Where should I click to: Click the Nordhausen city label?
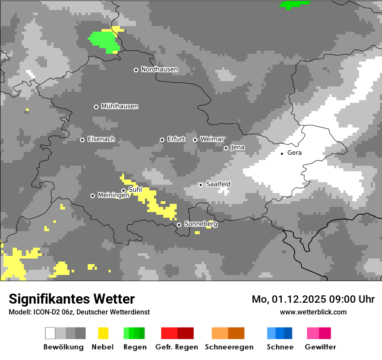159,69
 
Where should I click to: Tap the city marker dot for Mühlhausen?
96,107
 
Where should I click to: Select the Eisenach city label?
101,139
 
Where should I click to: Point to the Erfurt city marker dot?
162,140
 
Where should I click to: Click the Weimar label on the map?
212,139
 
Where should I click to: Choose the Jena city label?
237,147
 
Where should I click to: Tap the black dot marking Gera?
282,153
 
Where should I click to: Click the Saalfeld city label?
218,184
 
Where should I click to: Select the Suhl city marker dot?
123,190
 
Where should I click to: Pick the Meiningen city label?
113,196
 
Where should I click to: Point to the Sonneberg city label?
201,224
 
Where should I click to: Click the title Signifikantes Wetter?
72,299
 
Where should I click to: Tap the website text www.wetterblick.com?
313,312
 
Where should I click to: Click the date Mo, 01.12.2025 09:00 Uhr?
313,299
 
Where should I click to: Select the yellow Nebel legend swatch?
103,333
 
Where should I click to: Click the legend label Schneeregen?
229,347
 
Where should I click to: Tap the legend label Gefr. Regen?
177,347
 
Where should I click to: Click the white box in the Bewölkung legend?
50,333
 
